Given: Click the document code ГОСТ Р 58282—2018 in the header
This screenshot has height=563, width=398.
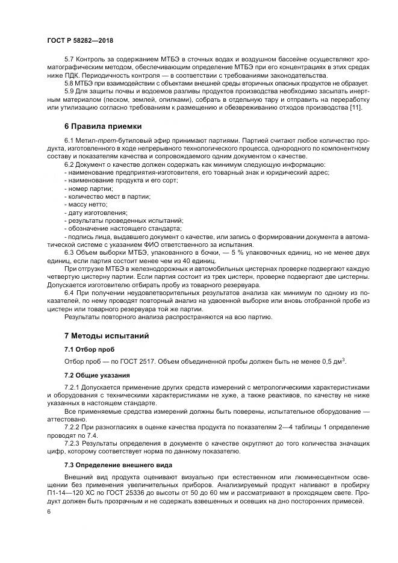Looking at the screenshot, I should [79, 40].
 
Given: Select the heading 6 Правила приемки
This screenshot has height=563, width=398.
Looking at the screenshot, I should [103, 126].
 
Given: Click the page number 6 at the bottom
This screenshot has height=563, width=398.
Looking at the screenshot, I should [49, 511].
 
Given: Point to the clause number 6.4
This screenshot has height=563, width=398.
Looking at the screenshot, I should [70, 292].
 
